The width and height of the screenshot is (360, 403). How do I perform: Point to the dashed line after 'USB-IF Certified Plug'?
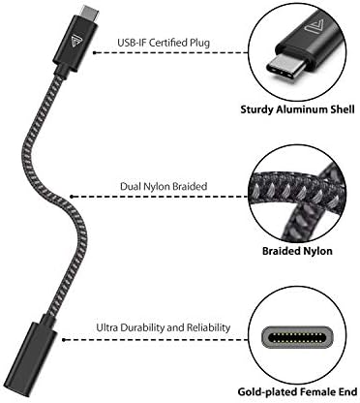point(232,43)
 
